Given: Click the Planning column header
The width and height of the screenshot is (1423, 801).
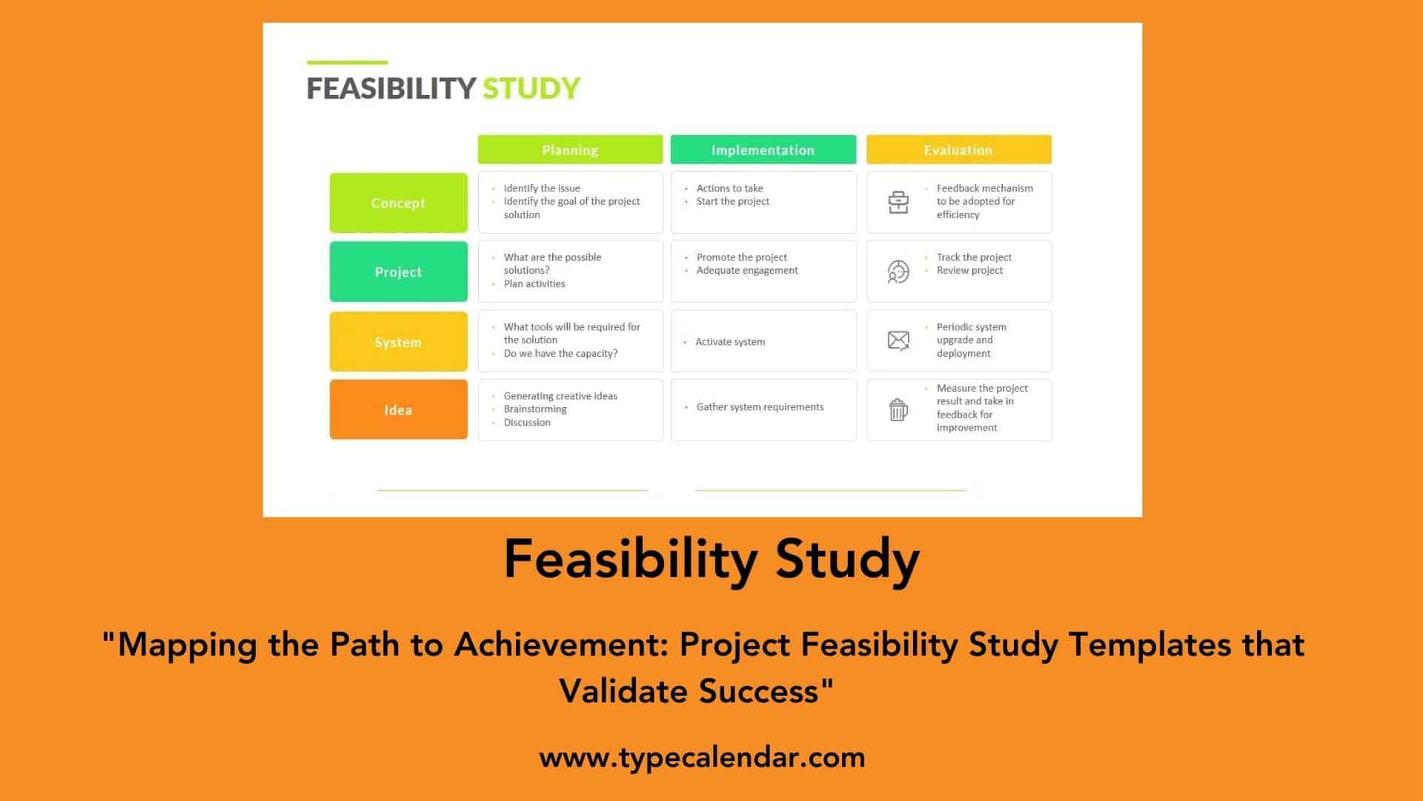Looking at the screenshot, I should pos(570,150).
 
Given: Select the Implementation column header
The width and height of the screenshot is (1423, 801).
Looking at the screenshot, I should pos(763,150).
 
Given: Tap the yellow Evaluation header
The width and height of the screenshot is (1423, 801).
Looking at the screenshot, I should pos(958,150).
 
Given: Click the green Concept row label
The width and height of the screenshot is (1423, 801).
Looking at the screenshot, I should pos(398,203).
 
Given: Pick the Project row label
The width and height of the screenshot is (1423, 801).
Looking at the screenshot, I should pos(398,272).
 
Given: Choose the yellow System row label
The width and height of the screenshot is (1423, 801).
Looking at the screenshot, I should pos(398,342).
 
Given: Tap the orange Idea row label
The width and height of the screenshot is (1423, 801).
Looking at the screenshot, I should pos(398,410).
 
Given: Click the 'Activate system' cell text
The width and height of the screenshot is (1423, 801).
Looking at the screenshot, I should pos(730,342).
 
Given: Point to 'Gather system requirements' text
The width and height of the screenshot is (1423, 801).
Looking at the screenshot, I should pos(760,407).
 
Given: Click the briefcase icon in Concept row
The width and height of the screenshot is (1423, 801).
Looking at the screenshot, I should pos(898,202).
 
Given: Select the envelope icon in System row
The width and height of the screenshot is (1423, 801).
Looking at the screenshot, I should pos(898,340).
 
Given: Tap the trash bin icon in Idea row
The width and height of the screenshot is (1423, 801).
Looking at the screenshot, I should pos(898,409).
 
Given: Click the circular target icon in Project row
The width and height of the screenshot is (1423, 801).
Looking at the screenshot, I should pos(898,272).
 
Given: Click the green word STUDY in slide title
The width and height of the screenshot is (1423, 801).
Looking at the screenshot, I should pos(531,88).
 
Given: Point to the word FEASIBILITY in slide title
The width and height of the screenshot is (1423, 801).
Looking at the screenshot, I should pos(391,88).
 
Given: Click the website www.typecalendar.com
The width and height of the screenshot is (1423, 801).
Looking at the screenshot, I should pos(702,757).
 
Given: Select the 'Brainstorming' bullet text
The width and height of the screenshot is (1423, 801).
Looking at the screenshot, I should pos(535,409).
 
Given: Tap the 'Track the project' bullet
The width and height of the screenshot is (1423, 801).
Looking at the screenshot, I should pos(974,257).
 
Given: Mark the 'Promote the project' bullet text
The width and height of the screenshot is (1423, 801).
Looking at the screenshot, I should pos(741,257).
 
